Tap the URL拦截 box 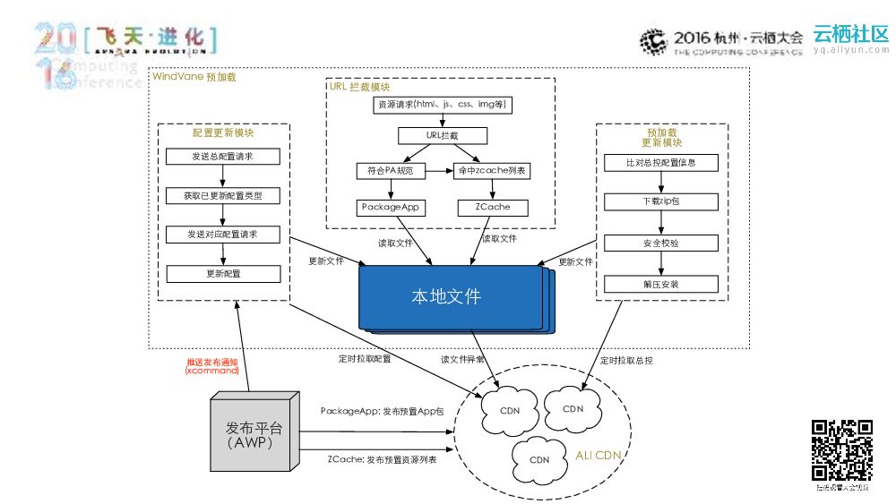443,136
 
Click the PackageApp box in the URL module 392,208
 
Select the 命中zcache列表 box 490,171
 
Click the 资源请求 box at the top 442,106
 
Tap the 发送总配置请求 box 223,157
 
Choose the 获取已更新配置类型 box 223,195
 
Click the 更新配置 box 223,273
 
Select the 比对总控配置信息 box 661,163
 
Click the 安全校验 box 661,243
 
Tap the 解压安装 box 661,285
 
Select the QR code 841,450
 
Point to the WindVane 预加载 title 194,78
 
